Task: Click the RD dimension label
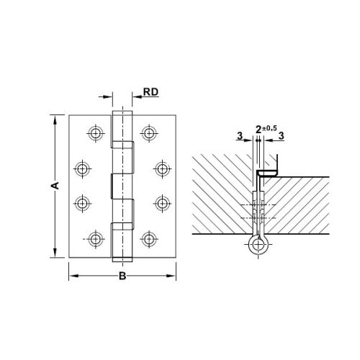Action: click(x=150, y=92)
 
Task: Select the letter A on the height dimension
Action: click(x=53, y=186)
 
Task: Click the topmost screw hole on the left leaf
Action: click(x=95, y=132)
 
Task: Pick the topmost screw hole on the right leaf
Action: click(x=149, y=132)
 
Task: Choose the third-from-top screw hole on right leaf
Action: click(x=161, y=202)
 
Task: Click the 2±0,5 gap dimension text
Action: click(x=266, y=129)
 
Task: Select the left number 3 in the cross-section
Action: click(x=239, y=135)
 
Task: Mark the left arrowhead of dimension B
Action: click(x=72, y=274)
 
